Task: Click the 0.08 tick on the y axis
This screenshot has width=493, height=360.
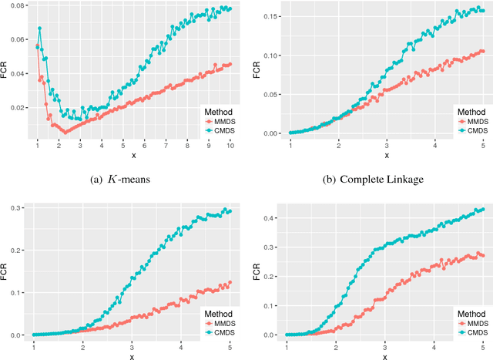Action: [x=15, y=6]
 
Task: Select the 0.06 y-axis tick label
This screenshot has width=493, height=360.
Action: [x=15, y=39]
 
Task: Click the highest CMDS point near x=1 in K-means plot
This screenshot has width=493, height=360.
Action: [x=39, y=29]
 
